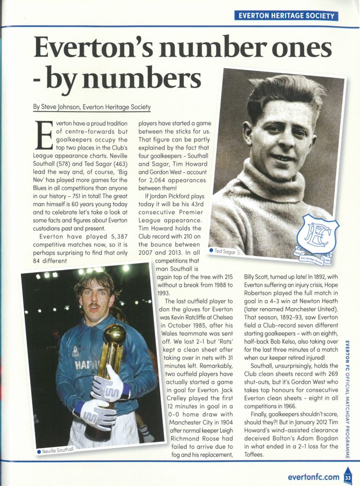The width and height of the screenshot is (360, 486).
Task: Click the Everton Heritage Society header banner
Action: pyautogui.click(x=286, y=15)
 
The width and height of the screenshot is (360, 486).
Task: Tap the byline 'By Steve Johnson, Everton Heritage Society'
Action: pyautogui.click(x=92, y=107)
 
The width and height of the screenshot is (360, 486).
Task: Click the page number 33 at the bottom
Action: pyautogui.click(x=347, y=477)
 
